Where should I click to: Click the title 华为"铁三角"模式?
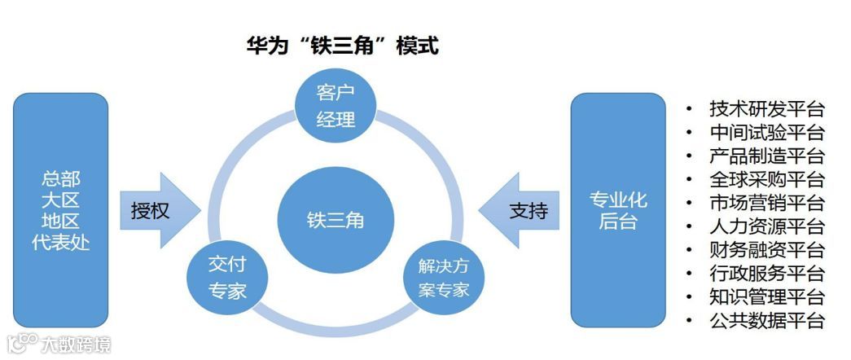click(x=343, y=46)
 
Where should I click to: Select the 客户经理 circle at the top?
click(x=336, y=104)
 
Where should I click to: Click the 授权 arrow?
click(x=158, y=210)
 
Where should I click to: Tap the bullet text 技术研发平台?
click(x=766, y=108)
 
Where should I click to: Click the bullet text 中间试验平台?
click(x=766, y=132)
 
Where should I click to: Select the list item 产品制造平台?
click(x=766, y=156)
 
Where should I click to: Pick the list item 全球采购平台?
click(x=766, y=179)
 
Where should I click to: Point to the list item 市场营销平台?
click(x=766, y=203)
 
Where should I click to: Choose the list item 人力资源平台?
click(x=766, y=226)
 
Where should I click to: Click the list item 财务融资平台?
click(x=766, y=250)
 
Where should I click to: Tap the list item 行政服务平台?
click(x=766, y=274)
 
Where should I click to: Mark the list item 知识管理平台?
click(x=766, y=296)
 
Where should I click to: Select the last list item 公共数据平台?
click(x=766, y=320)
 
